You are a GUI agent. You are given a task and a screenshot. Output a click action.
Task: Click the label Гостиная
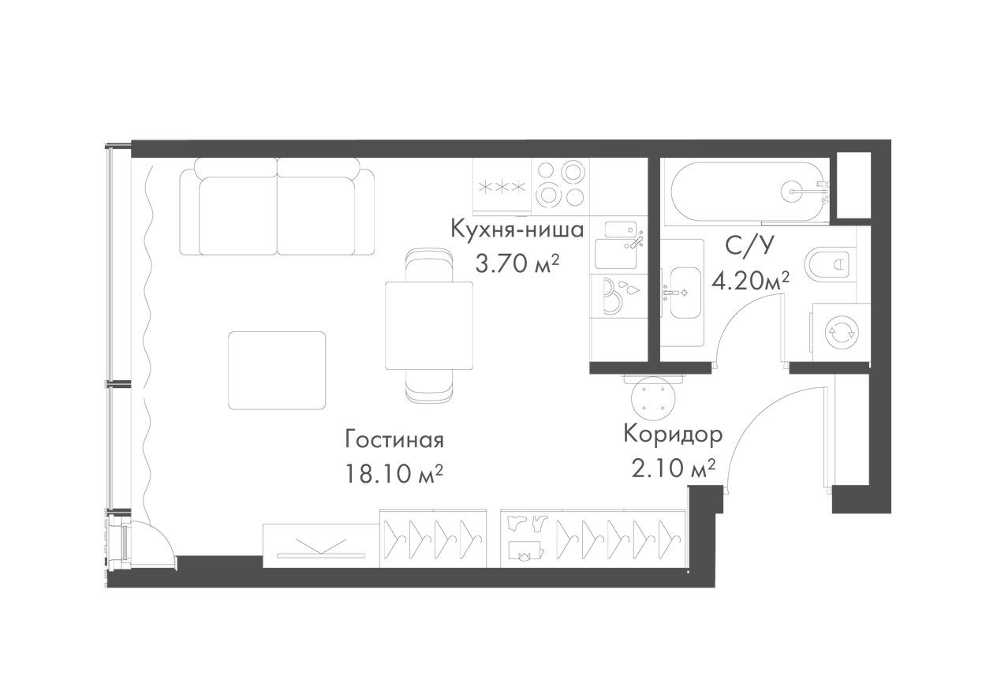[394, 439]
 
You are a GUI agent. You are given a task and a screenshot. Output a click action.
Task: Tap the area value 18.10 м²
[394, 473]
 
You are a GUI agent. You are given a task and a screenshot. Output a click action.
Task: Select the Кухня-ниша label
[517, 229]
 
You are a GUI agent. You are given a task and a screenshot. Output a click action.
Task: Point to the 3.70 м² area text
[517, 263]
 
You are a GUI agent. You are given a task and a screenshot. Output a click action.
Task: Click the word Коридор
[673, 434]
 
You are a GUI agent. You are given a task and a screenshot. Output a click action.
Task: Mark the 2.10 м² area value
[673, 468]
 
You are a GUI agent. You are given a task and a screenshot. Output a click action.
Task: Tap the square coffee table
[277, 370]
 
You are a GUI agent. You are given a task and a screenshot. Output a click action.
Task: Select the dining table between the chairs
[429, 325]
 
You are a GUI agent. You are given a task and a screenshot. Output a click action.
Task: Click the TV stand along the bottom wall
[322, 544]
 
